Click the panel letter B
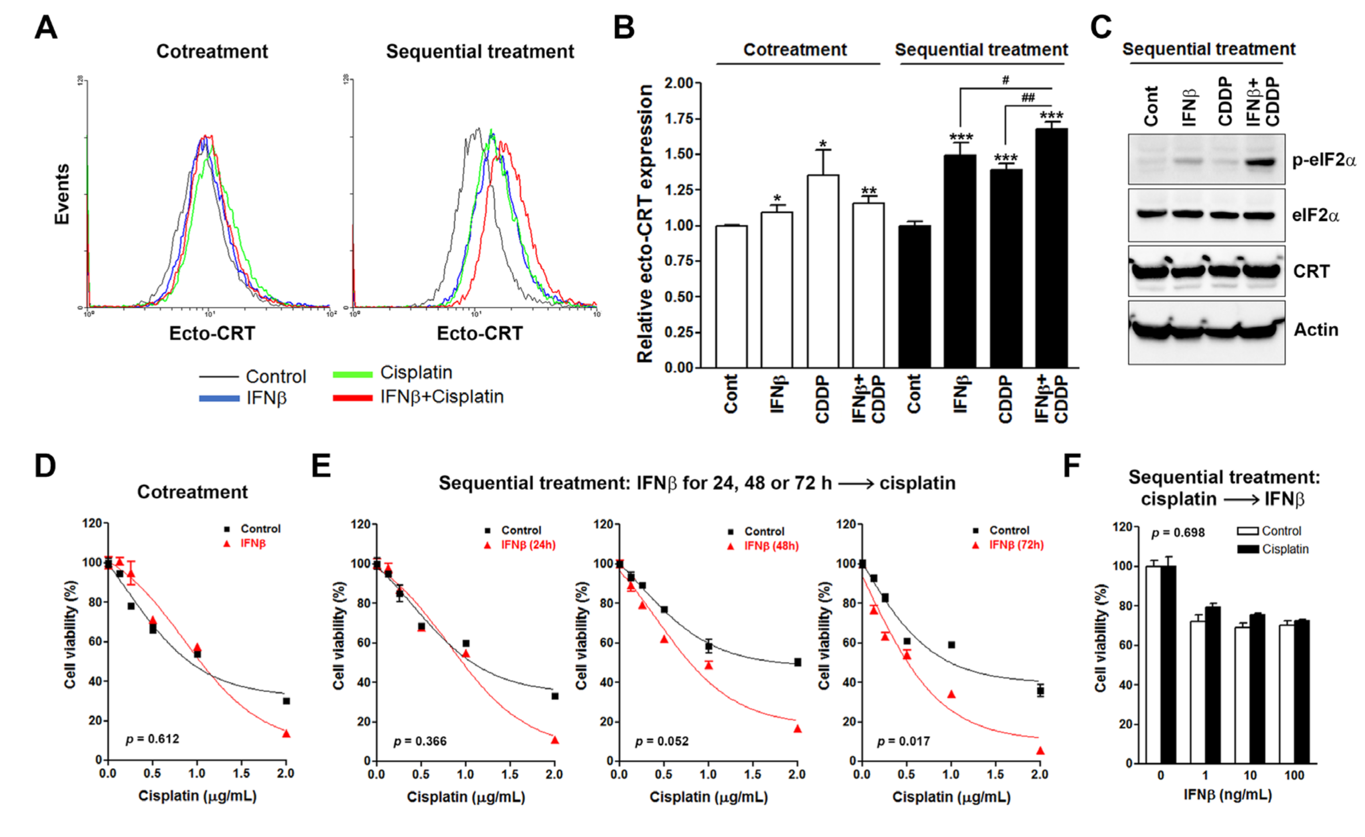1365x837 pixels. pos(624,27)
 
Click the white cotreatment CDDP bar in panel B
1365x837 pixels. pos(823,271)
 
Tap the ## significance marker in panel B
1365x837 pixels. pos(1028,98)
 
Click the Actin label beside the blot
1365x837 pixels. pos(1316,330)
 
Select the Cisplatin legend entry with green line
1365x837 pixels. pos(415,373)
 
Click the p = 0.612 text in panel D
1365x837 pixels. pos(152,739)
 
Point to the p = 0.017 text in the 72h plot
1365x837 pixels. pos(903,741)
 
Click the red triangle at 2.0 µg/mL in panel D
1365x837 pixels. pos(286,734)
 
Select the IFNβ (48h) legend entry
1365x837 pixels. pos(771,546)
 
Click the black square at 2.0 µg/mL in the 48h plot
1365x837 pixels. pos(797,662)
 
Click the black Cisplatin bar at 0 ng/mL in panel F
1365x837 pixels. pos(1168,664)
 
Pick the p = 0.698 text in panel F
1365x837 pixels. pos(1178,533)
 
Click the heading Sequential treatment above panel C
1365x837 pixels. pos(1208,49)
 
